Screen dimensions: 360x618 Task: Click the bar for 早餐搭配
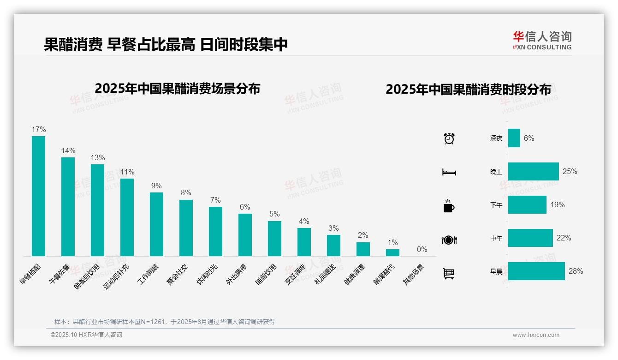tap(38, 196)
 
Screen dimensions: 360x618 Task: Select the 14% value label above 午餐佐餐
tap(68, 151)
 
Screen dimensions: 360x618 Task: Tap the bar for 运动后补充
tap(127, 217)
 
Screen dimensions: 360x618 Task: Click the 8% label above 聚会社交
tap(186, 193)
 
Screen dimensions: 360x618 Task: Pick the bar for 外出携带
tap(245, 235)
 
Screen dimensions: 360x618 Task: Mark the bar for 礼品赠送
tap(333, 246)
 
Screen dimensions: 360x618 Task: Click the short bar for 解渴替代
tap(392, 252)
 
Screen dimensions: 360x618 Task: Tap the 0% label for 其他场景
tap(422, 250)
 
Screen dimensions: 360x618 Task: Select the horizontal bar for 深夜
tap(514, 138)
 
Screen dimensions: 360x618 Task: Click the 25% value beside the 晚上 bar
tap(570, 172)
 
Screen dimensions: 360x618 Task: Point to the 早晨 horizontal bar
tap(536, 271)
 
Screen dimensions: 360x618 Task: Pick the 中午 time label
tap(496, 239)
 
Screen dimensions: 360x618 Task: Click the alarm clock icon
tap(449, 138)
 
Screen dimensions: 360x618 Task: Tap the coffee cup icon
tap(449, 206)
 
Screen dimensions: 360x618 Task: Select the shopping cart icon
tap(449, 274)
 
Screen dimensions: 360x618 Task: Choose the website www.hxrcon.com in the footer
tap(536, 335)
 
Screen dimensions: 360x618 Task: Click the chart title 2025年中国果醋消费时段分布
tap(468, 90)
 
